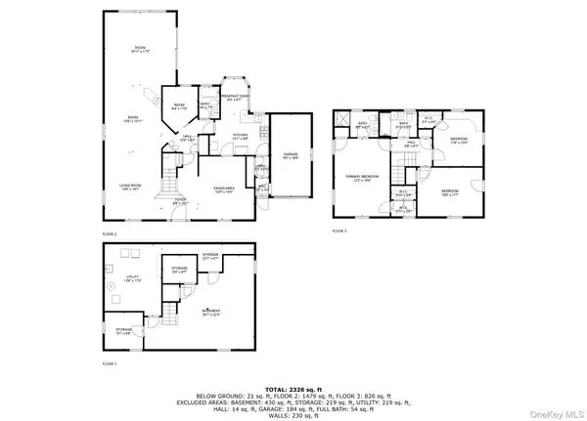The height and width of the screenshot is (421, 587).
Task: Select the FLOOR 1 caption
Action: [109, 362]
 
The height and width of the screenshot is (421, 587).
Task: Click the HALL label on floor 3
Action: [413, 144]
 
